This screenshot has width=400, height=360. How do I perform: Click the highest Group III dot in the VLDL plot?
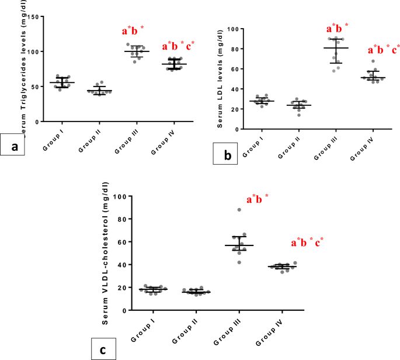coord(239,210)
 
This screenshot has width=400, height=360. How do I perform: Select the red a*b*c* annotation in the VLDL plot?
coord(307,243)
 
